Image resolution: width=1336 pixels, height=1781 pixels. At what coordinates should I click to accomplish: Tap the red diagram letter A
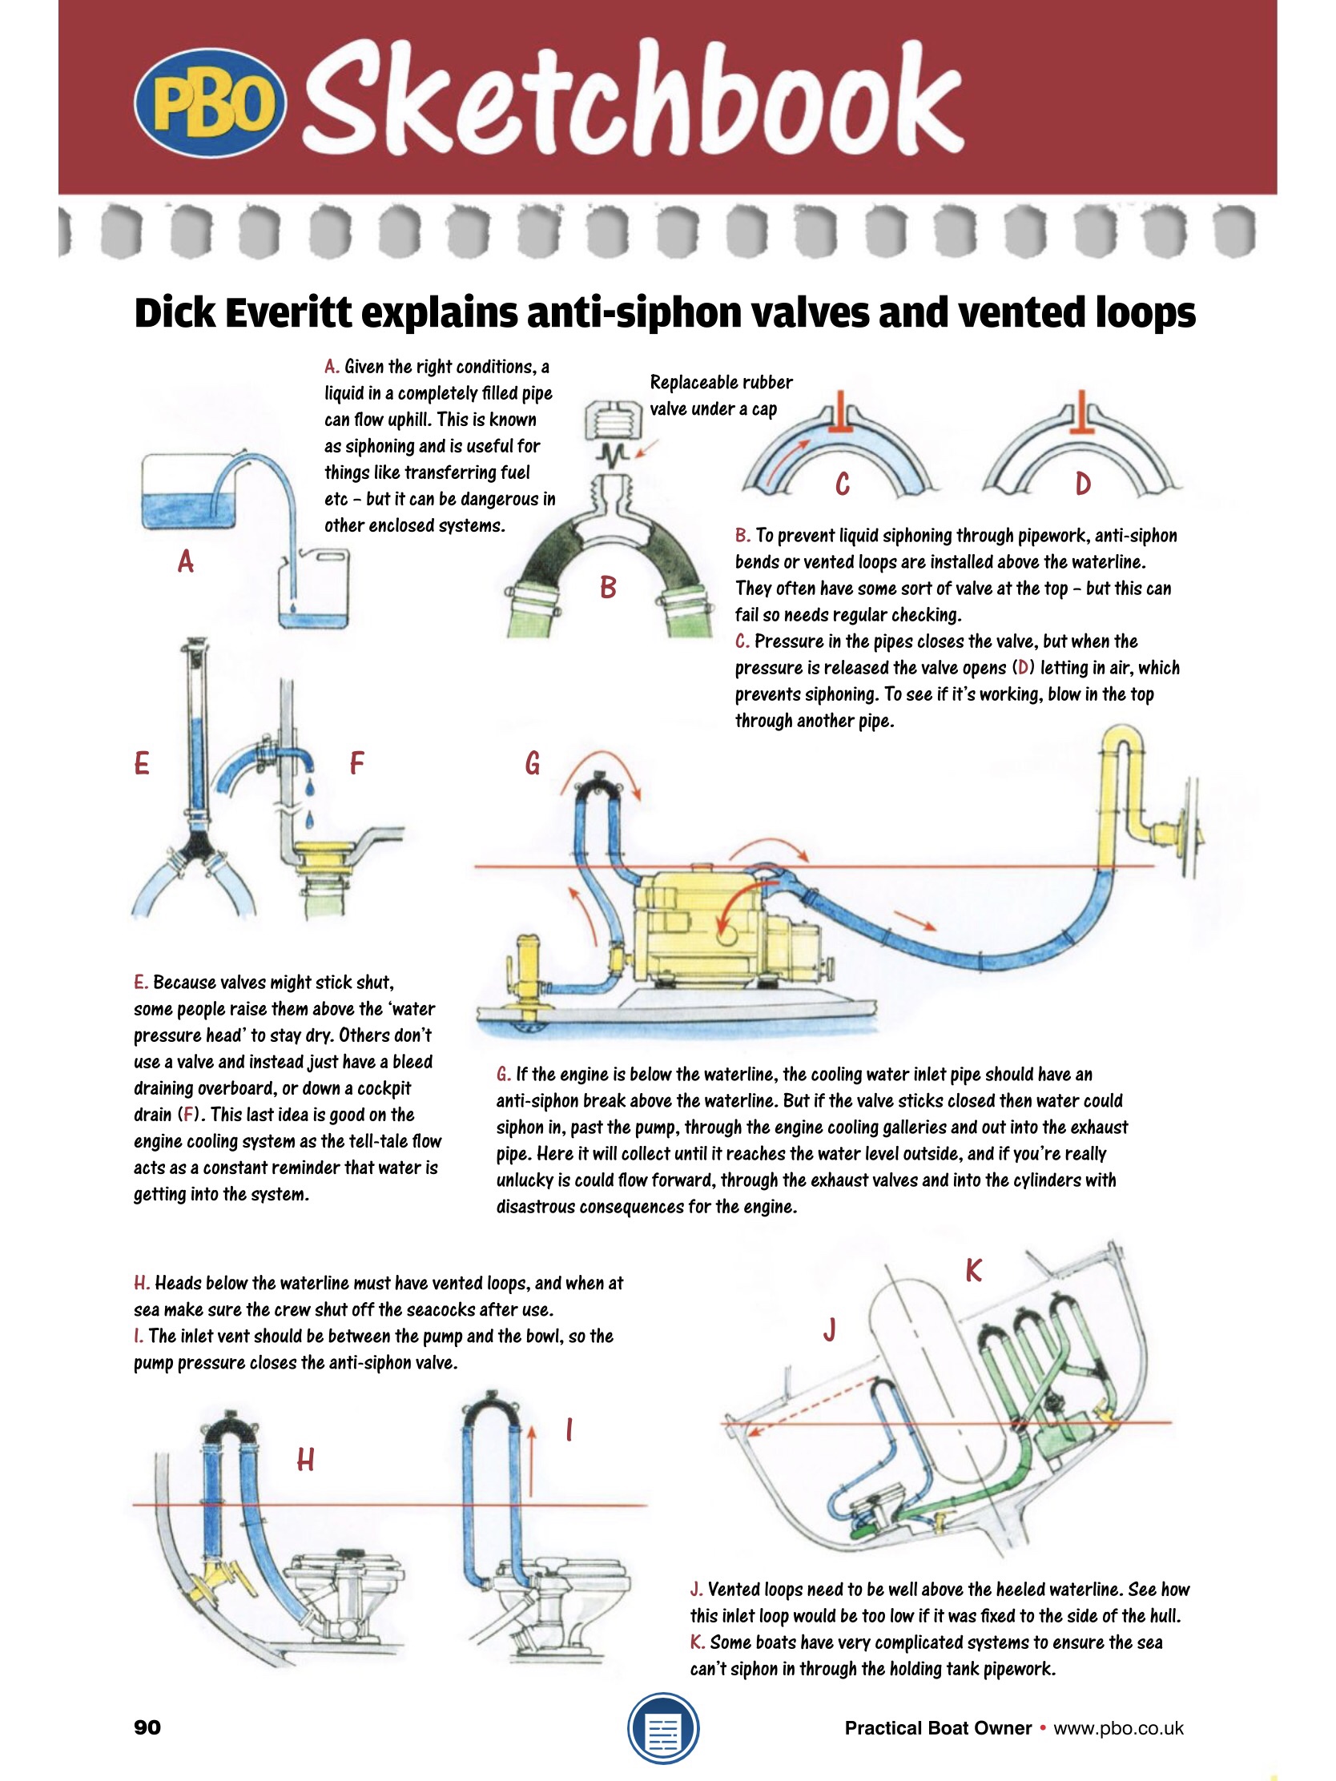(x=186, y=561)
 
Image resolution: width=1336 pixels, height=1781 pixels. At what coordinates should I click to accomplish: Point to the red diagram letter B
(x=608, y=588)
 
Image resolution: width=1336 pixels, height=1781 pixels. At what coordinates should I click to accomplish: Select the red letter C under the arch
(x=843, y=484)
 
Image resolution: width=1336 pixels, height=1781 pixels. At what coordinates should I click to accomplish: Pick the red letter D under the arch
(x=1083, y=484)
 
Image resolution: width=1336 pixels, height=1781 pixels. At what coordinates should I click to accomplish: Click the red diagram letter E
(x=142, y=762)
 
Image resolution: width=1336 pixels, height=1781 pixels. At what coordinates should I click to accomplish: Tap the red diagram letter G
(x=533, y=762)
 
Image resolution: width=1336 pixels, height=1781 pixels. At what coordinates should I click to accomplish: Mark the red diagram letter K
(x=974, y=1271)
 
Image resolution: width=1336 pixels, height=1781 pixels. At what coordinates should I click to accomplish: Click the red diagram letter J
(x=830, y=1330)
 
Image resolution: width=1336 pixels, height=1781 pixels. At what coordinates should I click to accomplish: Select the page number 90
(x=147, y=1727)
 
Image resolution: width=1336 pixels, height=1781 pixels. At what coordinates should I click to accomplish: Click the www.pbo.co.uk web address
(x=1119, y=1728)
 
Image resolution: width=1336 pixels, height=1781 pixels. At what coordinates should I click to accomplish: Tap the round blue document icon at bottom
(x=662, y=1728)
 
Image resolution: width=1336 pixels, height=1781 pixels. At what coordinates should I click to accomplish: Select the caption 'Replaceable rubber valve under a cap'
(x=721, y=396)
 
